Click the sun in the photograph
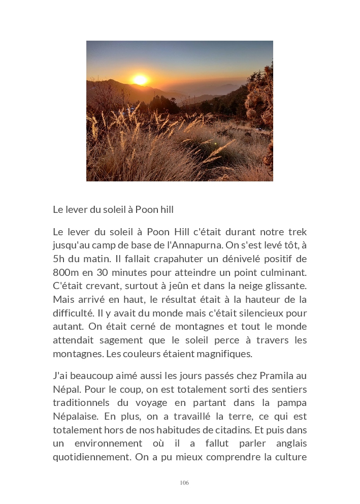140,80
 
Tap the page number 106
184,483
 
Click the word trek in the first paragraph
297,232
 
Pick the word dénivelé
245,259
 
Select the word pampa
291,403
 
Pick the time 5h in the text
59,259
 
